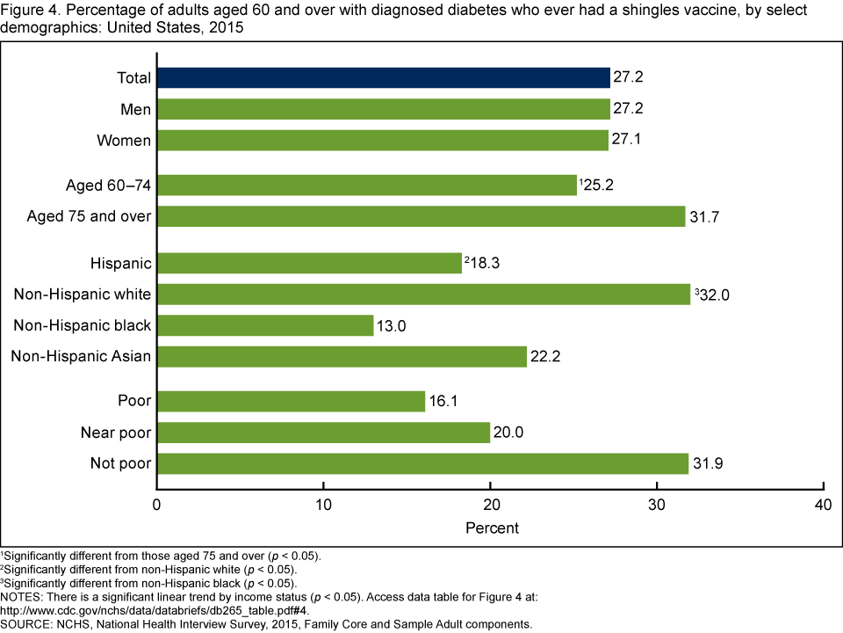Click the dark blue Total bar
coord(383,77)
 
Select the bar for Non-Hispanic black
coord(264,325)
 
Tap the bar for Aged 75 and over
coord(421,216)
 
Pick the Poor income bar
coord(291,402)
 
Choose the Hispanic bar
coord(309,263)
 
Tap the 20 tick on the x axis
coord(490,506)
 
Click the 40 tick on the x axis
coord(823,506)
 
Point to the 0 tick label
coord(156,506)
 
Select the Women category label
coord(125,140)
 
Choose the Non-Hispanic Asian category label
coord(81,356)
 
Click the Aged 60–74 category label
coord(109,186)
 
